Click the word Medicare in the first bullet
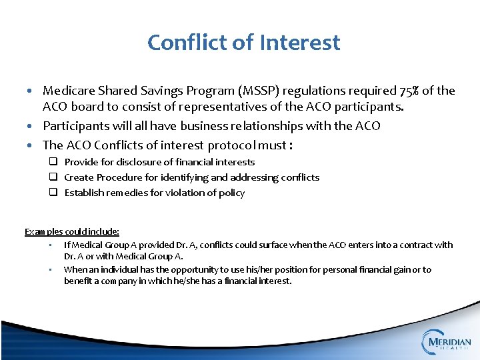[x=69, y=91]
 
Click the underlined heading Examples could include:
[x=72, y=231]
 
